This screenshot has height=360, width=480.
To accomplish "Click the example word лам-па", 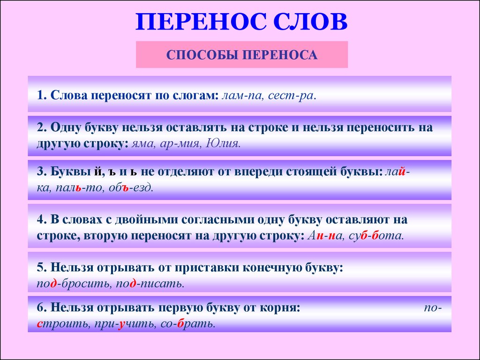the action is [x=241, y=96].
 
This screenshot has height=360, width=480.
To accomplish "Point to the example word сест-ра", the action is [x=291, y=96].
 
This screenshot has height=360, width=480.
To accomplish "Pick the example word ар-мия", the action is [x=179, y=143].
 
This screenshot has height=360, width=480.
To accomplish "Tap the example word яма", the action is [x=142, y=143].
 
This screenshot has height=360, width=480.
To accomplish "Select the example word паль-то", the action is [x=79, y=187].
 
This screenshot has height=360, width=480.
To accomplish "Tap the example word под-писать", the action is [x=150, y=284].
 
